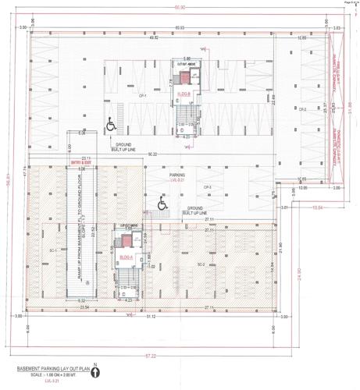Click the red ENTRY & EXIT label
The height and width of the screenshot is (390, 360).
click(82, 164)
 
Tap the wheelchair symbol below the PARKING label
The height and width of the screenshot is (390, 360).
click(163, 204)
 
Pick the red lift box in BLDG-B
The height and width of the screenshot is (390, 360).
click(186, 77)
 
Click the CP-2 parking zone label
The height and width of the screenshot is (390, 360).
click(301, 109)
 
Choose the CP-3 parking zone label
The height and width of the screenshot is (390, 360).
click(208, 188)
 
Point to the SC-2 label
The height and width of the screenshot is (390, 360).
click(201, 265)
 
